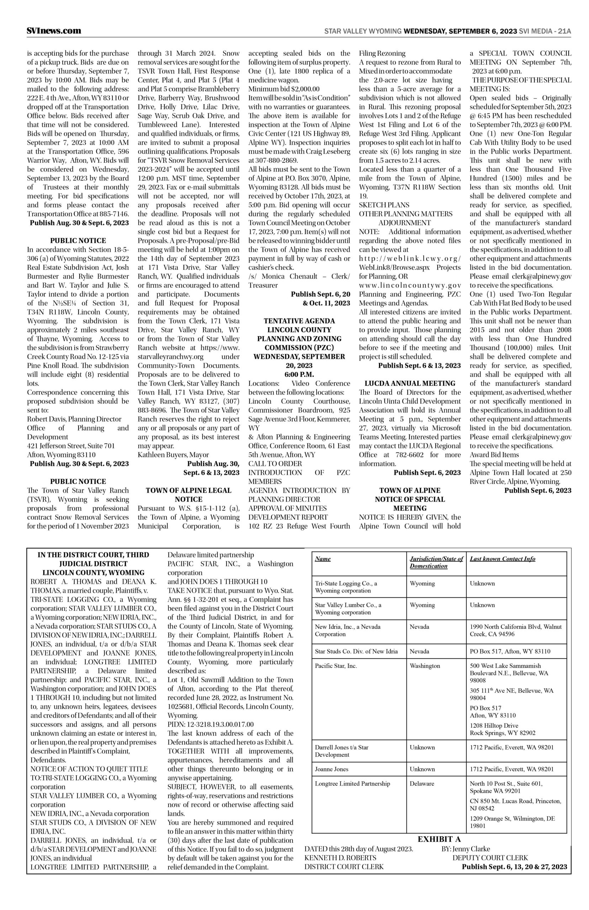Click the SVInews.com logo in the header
54,31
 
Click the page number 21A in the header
564,31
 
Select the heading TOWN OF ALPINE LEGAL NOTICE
189,494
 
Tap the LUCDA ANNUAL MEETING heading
410,383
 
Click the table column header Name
323,559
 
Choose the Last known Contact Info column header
502,559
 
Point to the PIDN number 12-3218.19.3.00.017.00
210,724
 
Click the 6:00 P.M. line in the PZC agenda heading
299,375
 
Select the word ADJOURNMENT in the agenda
404,223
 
